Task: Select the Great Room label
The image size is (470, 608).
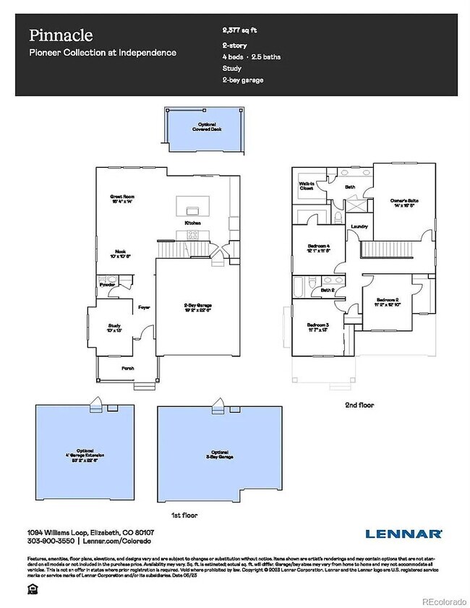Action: (x=123, y=197)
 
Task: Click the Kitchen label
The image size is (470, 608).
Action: (x=192, y=223)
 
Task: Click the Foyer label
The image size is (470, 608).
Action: (x=143, y=307)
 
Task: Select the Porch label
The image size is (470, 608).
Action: (x=127, y=368)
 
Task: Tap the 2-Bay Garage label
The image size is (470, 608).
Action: (x=197, y=306)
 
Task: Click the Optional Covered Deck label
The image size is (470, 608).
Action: (x=200, y=129)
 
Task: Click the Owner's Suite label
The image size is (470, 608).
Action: (x=405, y=200)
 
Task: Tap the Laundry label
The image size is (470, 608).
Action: (x=359, y=227)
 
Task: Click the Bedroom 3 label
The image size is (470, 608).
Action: (x=317, y=325)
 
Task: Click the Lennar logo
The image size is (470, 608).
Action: (x=403, y=534)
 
